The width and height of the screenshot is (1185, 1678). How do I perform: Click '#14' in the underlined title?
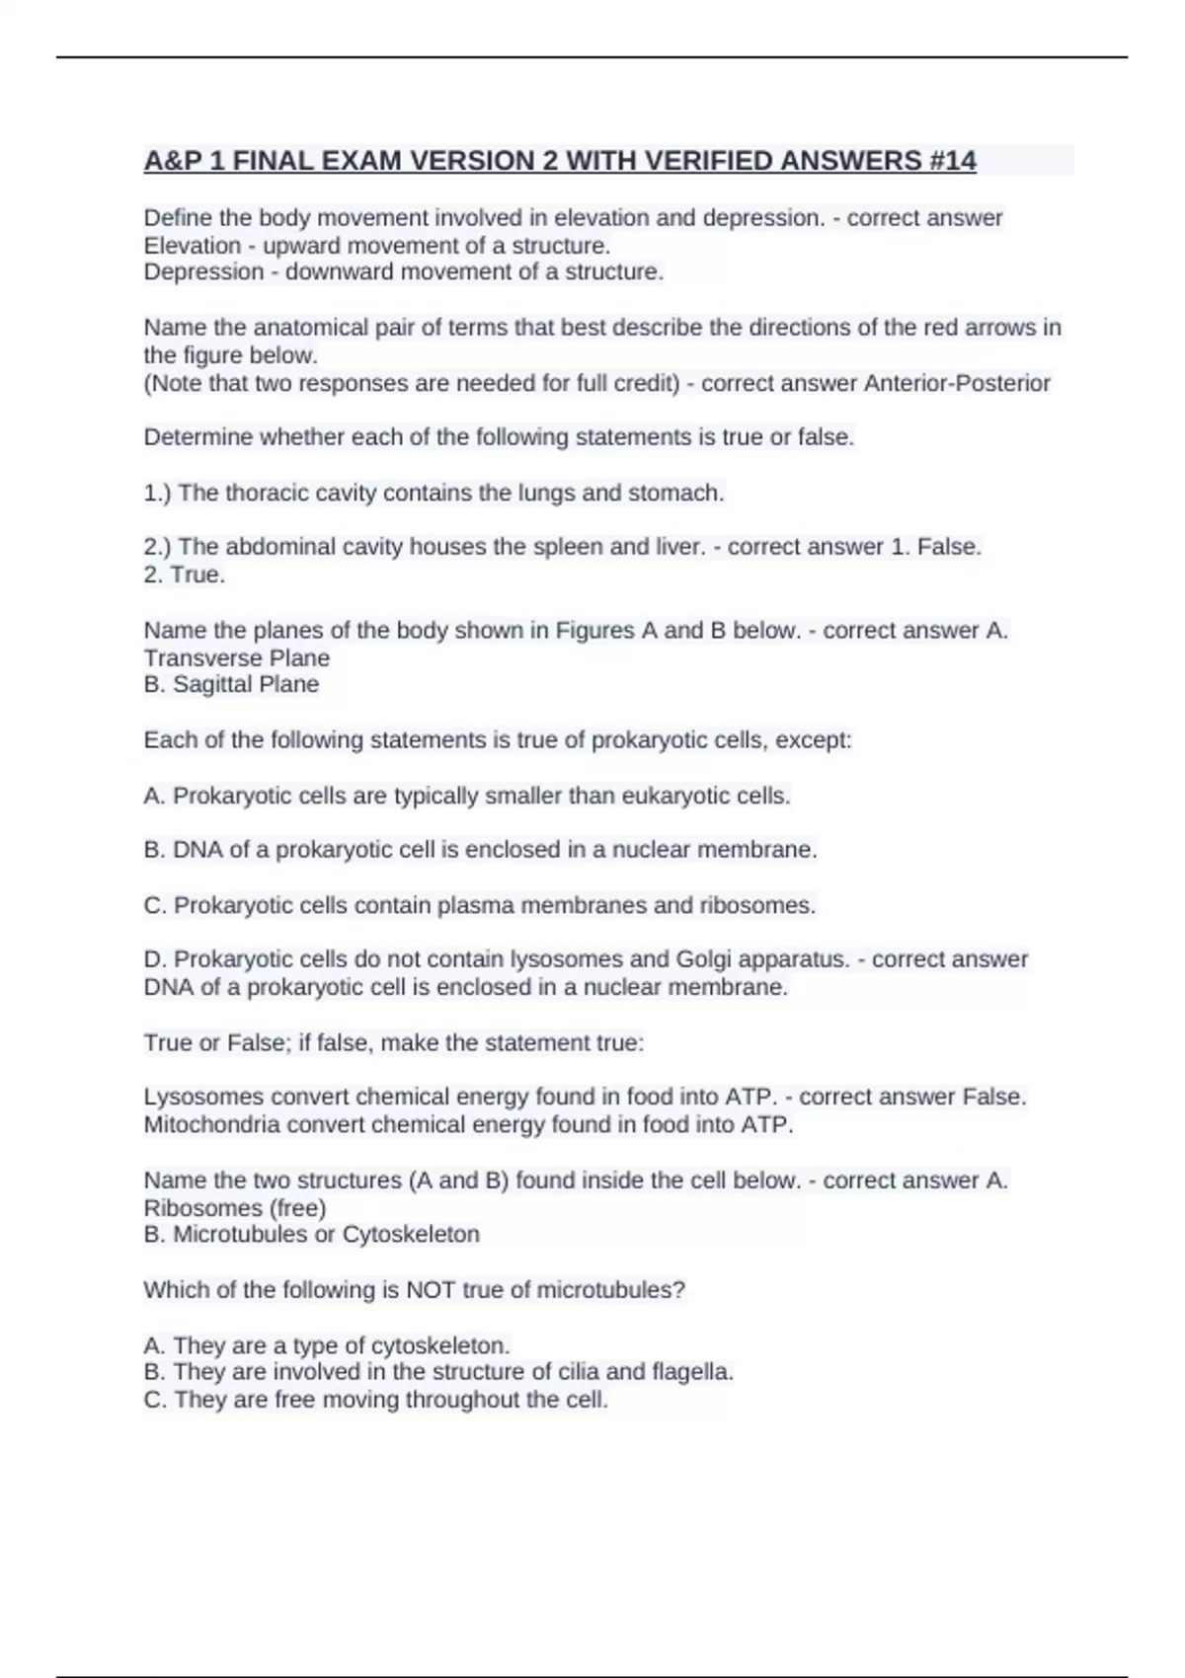(x=952, y=160)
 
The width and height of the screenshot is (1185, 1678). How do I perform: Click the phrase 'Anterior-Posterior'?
(x=957, y=383)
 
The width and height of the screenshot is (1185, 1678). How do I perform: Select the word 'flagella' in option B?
(x=691, y=1371)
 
